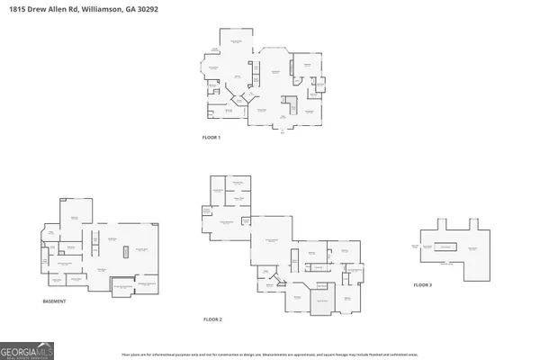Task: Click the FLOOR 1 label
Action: pos(211,138)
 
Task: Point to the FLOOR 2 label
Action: pos(212,319)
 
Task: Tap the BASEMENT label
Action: pos(55,301)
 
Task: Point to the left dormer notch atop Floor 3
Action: pos(442,222)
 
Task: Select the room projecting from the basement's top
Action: pos(75,212)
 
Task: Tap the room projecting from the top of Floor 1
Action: pos(238,47)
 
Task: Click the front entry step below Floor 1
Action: pos(283,129)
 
